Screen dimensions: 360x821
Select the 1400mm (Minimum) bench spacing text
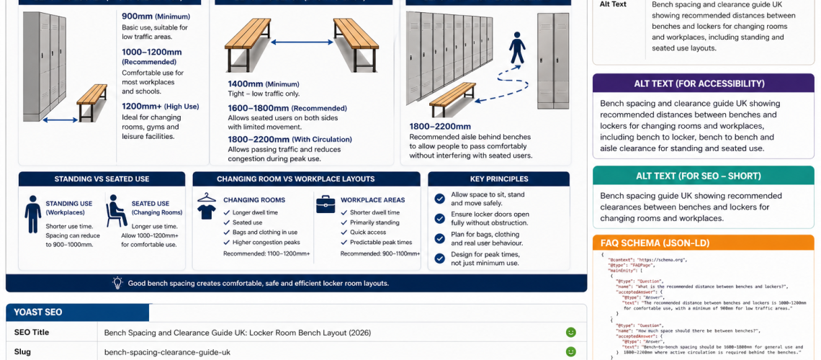pyautogui.click(x=263, y=84)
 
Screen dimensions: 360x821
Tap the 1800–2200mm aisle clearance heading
pyautogui.click(x=440, y=126)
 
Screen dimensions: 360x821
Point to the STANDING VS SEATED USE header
pyautogui.click(x=102, y=179)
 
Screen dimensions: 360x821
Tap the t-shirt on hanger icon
pyautogui.click(x=207, y=205)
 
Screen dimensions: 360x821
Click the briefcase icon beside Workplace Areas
pyautogui.click(x=326, y=204)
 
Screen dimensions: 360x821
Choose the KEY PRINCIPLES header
pyautogui.click(x=498, y=179)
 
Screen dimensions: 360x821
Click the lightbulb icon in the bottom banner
pyautogui.click(x=118, y=283)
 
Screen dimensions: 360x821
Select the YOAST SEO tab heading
pyautogui.click(x=38, y=312)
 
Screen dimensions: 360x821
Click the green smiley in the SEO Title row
pyautogui.click(x=570, y=333)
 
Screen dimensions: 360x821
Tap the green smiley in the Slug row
pyautogui.click(x=570, y=352)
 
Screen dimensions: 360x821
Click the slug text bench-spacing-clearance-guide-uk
pyautogui.click(x=167, y=352)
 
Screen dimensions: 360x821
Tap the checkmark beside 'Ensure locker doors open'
pyautogui.click(x=439, y=219)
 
